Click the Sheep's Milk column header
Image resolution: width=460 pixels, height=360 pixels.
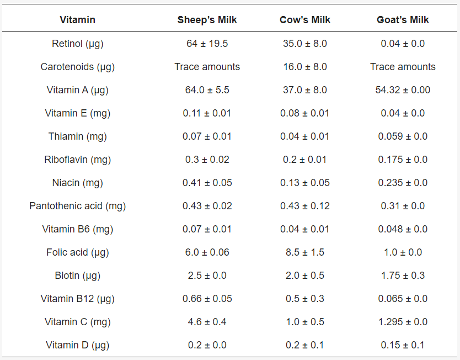click(207, 20)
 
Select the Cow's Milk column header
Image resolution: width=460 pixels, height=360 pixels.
click(305, 20)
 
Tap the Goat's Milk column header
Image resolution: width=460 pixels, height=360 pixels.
click(403, 20)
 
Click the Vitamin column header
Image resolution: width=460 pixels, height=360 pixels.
click(77, 20)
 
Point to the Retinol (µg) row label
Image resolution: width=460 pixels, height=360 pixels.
click(77, 44)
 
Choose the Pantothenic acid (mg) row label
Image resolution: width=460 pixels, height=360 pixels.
click(77, 206)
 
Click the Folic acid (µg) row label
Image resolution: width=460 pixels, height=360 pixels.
click(77, 252)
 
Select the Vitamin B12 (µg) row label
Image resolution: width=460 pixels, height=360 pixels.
click(77, 299)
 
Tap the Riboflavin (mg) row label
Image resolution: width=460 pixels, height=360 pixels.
click(77, 160)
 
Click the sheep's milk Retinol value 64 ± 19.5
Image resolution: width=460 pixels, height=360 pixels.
click(207, 44)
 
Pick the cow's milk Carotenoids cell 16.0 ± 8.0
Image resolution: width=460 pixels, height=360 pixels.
click(305, 67)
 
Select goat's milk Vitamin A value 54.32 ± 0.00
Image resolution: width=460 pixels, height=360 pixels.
click(403, 90)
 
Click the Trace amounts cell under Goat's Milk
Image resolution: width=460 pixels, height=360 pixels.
click(403, 67)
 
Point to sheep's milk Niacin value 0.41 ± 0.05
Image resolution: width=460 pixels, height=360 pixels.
click(207, 183)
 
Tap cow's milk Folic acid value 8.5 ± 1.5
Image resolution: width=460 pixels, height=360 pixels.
click(305, 252)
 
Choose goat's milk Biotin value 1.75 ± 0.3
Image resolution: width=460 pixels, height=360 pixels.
click(403, 276)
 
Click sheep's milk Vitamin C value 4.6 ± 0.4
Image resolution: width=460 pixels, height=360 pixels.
click(207, 322)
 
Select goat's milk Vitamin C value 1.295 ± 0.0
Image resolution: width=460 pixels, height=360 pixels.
click(403, 322)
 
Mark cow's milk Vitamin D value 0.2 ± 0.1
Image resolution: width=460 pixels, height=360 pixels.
click(305, 345)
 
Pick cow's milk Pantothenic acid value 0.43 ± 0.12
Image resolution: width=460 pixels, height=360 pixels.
click(305, 206)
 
